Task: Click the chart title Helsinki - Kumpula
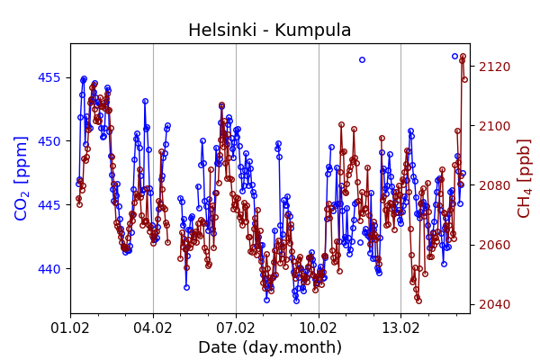(x=269, y=31)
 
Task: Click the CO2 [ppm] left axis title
(x=22, y=178)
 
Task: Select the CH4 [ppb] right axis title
(x=524, y=178)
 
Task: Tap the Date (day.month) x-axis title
(x=269, y=347)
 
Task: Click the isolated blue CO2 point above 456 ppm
(x=362, y=60)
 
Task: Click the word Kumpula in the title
(x=317, y=31)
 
